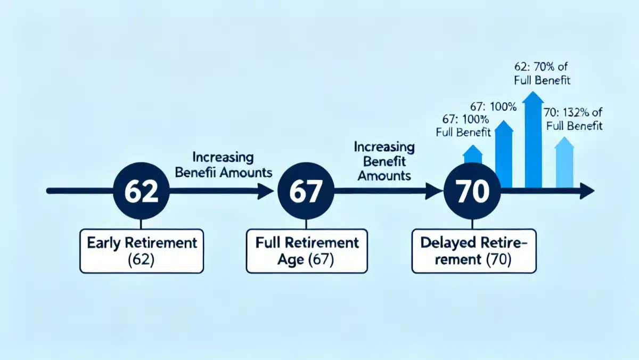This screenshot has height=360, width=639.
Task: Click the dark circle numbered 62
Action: tap(142, 191)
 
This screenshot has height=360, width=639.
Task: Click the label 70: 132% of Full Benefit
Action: tap(574, 119)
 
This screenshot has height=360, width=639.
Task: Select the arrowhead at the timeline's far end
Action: tap(587, 191)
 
